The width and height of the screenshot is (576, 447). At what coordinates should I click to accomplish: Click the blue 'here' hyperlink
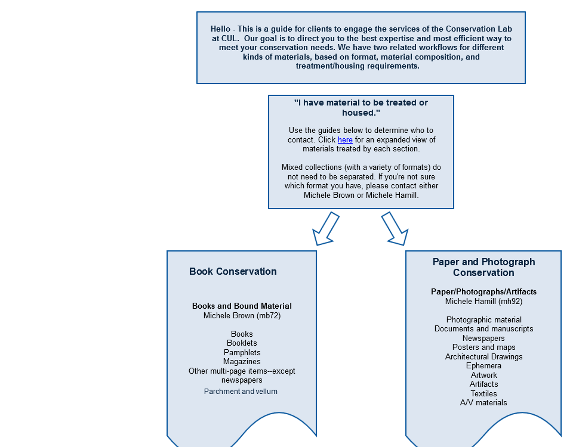(x=345, y=139)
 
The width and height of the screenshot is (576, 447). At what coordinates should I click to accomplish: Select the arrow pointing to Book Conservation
(x=325, y=228)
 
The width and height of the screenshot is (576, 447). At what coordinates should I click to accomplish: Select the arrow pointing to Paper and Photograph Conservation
(x=395, y=228)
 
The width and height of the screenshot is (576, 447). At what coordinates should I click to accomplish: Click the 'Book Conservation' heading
(x=233, y=271)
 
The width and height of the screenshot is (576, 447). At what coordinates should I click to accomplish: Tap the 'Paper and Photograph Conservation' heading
(x=483, y=267)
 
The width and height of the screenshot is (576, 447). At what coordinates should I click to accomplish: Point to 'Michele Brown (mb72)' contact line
(x=242, y=316)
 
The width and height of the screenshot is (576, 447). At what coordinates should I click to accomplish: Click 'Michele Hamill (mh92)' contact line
(x=483, y=302)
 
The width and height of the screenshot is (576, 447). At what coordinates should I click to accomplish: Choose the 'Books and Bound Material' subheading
(x=242, y=306)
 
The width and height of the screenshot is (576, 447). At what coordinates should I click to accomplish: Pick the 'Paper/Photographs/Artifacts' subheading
(x=483, y=292)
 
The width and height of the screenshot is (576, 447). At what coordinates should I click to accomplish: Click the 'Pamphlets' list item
(x=242, y=352)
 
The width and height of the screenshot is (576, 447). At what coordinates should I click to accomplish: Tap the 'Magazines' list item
(x=242, y=362)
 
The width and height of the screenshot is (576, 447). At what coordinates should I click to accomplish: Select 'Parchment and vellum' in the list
(x=241, y=392)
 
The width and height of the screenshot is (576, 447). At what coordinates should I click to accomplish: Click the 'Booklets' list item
(x=242, y=343)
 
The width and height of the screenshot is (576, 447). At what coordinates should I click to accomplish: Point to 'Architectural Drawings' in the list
(x=483, y=357)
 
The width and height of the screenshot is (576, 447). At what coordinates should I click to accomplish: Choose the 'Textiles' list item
(x=483, y=393)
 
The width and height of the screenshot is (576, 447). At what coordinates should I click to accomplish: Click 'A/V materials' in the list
(x=483, y=403)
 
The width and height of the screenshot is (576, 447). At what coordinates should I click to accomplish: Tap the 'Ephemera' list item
(x=483, y=366)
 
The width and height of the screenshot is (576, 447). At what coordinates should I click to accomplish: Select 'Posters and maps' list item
(x=483, y=347)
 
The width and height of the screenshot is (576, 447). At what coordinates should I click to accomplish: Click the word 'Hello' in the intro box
(x=220, y=29)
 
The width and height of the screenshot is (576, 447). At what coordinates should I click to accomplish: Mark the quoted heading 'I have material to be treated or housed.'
(x=361, y=108)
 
